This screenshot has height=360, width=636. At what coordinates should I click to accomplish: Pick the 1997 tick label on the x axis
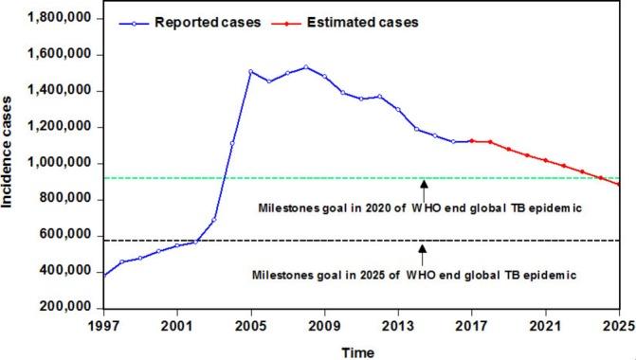104,328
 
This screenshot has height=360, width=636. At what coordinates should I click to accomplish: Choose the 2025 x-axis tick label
619,328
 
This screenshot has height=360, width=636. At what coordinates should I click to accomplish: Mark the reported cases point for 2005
251,71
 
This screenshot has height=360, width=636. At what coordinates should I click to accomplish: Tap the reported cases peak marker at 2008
306,66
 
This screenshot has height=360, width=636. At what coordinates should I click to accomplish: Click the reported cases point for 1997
104,276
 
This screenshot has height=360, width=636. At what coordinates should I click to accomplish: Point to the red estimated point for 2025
619,185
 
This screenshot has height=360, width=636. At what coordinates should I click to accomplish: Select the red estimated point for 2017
471,141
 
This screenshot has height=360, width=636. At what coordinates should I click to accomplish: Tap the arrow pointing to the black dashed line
424,250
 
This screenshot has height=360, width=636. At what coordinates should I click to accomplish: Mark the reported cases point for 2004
233,144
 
